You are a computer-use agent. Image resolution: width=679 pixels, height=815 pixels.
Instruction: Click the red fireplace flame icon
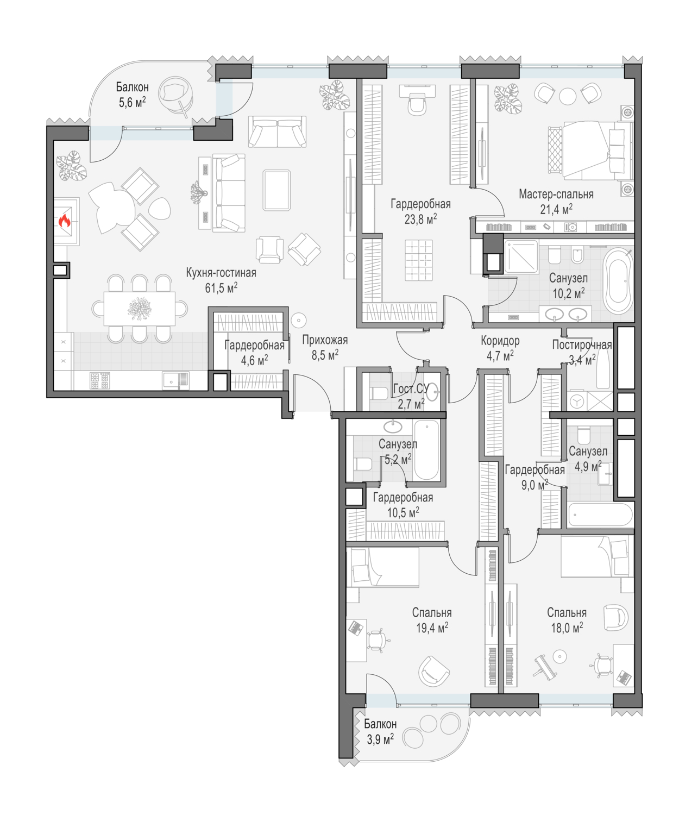click(x=65, y=221)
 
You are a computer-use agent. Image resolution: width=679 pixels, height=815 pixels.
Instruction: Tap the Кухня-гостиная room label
click(x=221, y=272)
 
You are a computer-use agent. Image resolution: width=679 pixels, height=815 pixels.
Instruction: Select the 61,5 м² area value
click(x=221, y=287)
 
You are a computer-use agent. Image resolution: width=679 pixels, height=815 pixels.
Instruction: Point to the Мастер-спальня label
click(x=556, y=194)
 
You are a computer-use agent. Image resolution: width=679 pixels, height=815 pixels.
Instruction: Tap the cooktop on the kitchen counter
click(x=100, y=380)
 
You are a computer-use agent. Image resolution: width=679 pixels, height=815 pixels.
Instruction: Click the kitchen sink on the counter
click(x=175, y=380)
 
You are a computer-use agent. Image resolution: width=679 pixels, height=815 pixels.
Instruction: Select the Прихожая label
click(x=325, y=340)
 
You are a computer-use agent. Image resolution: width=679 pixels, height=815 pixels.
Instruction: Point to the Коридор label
click(x=500, y=341)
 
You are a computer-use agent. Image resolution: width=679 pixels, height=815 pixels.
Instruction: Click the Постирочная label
click(x=581, y=344)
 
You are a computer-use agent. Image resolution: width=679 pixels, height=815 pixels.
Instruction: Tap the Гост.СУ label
click(x=411, y=389)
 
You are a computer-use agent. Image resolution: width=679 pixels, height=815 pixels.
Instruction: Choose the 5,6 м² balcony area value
click(x=133, y=102)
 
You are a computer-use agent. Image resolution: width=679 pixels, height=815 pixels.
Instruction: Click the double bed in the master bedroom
click(x=589, y=151)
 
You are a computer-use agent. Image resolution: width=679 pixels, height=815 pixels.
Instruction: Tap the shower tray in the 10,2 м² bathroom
click(x=521, y=256)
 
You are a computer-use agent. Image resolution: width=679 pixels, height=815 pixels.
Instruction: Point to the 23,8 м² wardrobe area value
click(x=420, y=219)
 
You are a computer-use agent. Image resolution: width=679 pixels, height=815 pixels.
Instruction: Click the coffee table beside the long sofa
click(x=276, y=190)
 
